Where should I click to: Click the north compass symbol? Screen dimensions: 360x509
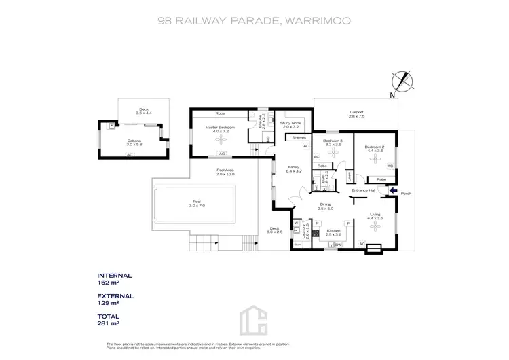pos(405,82)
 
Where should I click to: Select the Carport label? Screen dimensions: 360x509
pos(357,113)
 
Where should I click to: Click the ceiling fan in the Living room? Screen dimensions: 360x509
pos(375,229)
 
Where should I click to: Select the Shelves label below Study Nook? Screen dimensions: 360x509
pos(299,137)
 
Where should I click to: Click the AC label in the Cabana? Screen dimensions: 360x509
pos(129,155)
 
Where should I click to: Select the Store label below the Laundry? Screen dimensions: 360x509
pos(297,243)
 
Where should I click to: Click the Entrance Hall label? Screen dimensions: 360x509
pos(363,190)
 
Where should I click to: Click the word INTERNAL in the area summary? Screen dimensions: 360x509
pos(115,276)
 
